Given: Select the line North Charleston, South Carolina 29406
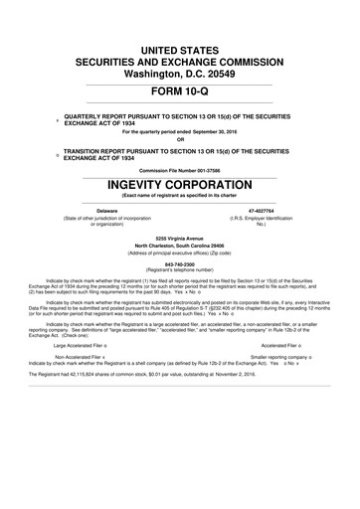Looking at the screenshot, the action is pos(179,246).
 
